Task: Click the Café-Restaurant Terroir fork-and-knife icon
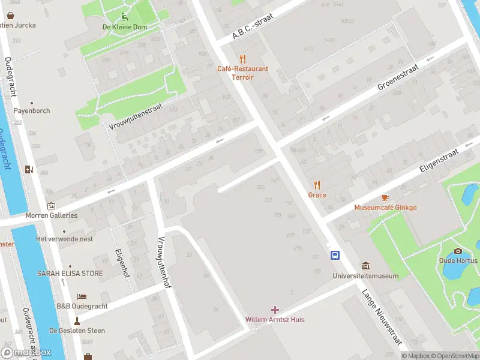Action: [x=242, y=59]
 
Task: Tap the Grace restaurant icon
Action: [x=317, y=185]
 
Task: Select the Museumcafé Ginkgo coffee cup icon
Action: [x=385, y=197]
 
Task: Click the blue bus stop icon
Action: [x=335, y=255]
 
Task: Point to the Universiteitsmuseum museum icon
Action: [x=365, y=266]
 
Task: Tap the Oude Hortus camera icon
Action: [x=458, y=251]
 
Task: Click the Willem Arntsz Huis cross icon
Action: [x=275, y=310]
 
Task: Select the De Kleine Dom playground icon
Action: [x=124, y=17]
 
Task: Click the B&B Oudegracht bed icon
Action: [x=82, y=296]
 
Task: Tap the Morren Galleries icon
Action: [x=51, y=206]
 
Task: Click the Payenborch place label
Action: [x=32, y=111]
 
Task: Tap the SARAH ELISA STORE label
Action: [x=70, y=274]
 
